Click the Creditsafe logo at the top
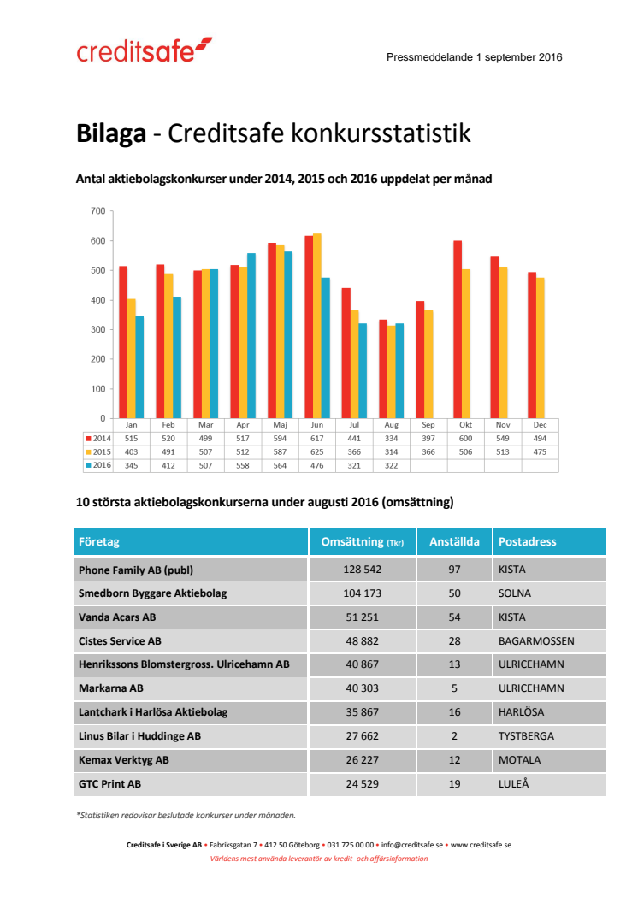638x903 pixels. pyautogui.click(x=144, y=51)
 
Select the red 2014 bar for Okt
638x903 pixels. pyautogui.click(x=458, y=329)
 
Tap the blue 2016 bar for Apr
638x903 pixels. pyautogui.click(x=251, y=335)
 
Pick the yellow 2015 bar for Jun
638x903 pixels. pyautogui.click(x=317, y=326)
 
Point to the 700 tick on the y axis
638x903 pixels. pyautogui.click(x=97, y=211)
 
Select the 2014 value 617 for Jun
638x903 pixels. pyautogui.click(x=317, y=438)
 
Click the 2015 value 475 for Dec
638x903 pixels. pyautogui.click(x=540, y=451)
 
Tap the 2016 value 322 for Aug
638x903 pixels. pyautogui.click(x=392, y=465)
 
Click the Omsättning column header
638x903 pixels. pyautogui.click(x=362, y=542)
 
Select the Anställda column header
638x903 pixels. pyautogui.click(x=454, y=542)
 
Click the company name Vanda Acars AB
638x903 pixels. pyautogui.click(x=117, y=617)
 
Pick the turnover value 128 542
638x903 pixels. pyautogui.click(x=362, y=570)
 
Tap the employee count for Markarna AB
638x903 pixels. pyautogui.click(x=454, y=688)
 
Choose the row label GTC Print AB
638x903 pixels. pyautogui.click(x=109, y=782)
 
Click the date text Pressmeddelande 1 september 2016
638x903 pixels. pyautogui.click(x=474, y=57)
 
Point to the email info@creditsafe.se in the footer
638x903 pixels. pyautogui.click(x=411, y=845)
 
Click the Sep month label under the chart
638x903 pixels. pyautogui.click(x=428, y=425)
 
